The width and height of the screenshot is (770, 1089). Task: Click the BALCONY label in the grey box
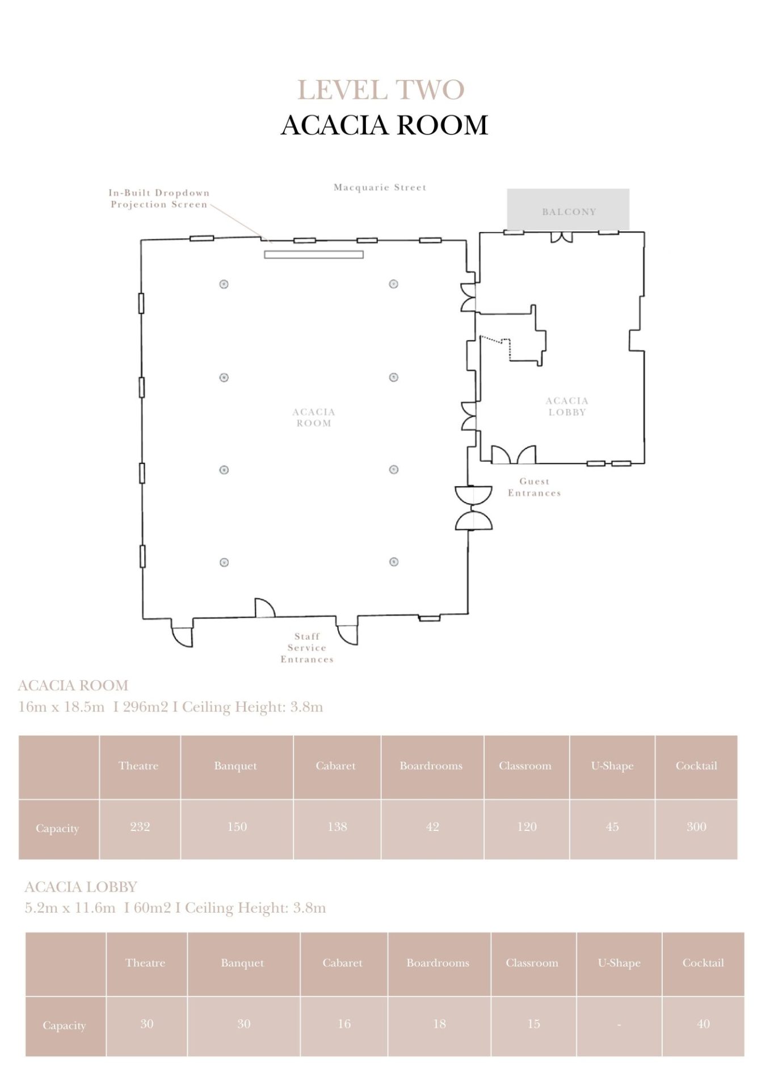(569, 212)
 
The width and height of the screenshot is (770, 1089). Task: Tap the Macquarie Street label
(380, 187)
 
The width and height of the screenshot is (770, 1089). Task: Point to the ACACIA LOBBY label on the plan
(567, 406)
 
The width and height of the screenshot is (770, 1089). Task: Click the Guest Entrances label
(534, 487)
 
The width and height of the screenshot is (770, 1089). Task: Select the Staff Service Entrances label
(307, 648)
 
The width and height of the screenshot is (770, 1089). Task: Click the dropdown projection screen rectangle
(314, 255)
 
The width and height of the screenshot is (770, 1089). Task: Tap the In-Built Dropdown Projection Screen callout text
(159, 199)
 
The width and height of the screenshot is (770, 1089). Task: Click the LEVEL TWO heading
(381, 90)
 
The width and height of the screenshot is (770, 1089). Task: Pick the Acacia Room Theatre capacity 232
(140, 826)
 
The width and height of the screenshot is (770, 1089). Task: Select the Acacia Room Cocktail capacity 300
(696, 826)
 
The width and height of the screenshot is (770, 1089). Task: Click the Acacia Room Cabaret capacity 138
(337, 826)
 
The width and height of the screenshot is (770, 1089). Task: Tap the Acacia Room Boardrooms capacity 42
(432, 826)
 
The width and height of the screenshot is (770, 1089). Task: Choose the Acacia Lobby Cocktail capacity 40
(703, 1024)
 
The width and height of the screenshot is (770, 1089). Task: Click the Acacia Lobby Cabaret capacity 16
(344, 1024)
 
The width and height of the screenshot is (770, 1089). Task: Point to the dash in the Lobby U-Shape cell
(619, 1025)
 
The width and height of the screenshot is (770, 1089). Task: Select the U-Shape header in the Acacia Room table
(612, 766)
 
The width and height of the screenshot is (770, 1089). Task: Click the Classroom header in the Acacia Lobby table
(532, 963)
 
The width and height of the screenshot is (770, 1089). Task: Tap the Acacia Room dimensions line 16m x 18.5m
(61, 707)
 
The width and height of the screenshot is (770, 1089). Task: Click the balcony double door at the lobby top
(562, 237)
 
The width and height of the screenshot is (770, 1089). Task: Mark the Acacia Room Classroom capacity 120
(527, 826)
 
